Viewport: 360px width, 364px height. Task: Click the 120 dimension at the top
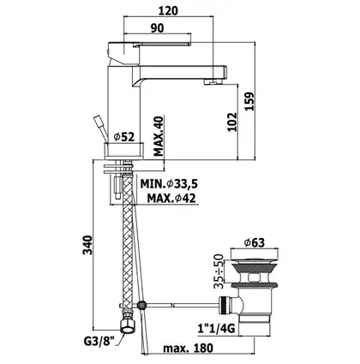point(168,11)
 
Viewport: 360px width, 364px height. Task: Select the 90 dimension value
point(158,28)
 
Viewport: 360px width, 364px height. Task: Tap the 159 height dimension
point(249,101)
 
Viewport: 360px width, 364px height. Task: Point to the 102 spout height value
point(232,122)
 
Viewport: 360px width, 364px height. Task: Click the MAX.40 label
point(159,136)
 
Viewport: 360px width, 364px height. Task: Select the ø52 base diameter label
point(124,137)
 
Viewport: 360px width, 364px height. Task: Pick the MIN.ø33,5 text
point(169,184)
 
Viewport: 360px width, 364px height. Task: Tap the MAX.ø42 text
point(171,198)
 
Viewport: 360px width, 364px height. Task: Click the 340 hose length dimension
point(87,245)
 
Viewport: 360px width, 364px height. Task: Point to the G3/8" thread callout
point(99,341)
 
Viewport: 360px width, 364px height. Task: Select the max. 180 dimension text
point(188,348)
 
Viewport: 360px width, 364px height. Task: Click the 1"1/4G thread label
point(216,329)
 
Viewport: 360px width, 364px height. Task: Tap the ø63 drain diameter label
point(255,242)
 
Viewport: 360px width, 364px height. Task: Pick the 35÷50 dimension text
point(219,272)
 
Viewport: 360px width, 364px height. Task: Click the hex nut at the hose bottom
point(128,325)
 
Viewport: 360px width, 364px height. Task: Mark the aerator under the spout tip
point(213,82)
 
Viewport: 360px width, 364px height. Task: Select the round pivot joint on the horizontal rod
point(141,306)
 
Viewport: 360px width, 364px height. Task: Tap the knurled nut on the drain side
point(224,305)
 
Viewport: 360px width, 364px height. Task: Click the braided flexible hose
point(127,246)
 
